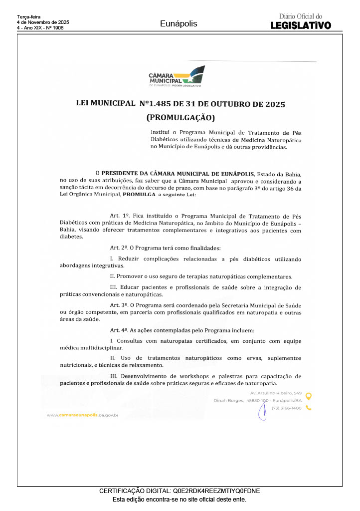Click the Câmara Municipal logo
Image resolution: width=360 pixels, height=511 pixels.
[x=177, y=77]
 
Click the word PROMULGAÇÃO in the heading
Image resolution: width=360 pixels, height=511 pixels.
[x=180, y=118]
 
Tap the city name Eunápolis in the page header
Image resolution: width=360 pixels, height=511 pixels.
[x=179, y=24]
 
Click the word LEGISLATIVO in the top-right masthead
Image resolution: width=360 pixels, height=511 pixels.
[x=301, y=25]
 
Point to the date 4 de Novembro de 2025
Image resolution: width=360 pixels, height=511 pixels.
[x=43, y=22]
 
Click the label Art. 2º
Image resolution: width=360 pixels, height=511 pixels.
[x=119, y=248]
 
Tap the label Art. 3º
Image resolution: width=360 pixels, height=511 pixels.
[x=119, y=304]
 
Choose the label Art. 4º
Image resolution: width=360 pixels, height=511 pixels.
[x=119, y=330]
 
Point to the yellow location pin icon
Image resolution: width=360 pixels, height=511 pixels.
[x=309, y=397]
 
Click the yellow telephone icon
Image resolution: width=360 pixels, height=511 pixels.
[x=309, y=408]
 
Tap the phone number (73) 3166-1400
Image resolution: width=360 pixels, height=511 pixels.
[x=286, y=408]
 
